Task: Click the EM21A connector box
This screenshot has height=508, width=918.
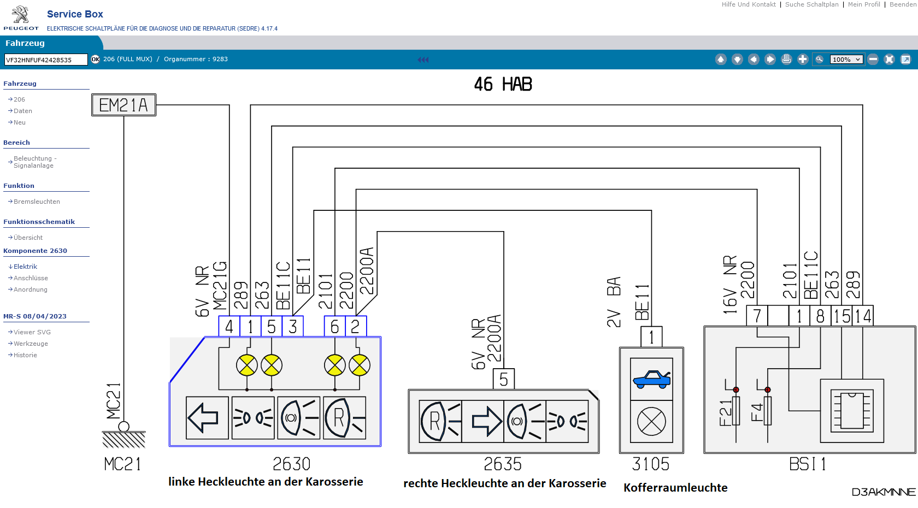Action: tap(123, 105)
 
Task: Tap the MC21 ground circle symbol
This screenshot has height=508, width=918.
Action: tap(124, 427)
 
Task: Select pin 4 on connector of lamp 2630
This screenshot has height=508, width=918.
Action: tap(229, 327)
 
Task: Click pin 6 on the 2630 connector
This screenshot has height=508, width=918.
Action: tap(334, 327)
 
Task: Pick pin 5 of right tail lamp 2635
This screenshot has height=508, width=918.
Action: tap(504, 379)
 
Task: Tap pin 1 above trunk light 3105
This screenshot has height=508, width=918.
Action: tap(651, 337)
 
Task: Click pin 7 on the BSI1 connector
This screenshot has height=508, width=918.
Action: tap(757, 316)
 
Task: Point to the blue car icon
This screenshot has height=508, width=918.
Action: tap(651, 379)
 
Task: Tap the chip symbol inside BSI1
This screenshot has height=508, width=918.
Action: tap(852, 411)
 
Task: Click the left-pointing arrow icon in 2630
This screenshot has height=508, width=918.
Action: tap(207, 418)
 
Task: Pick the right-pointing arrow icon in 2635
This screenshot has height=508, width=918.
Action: tap(483, 421)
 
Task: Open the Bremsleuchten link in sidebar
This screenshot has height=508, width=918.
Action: tap(37, 202)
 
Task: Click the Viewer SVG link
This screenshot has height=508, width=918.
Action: tap(32, 332)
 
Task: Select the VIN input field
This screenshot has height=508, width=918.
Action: tap(46, 60)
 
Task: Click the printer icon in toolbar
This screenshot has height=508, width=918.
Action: tap(786, 59)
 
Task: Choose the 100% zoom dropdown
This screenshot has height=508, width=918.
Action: tap(846, 59)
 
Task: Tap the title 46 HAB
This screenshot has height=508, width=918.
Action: tap(503, 84)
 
